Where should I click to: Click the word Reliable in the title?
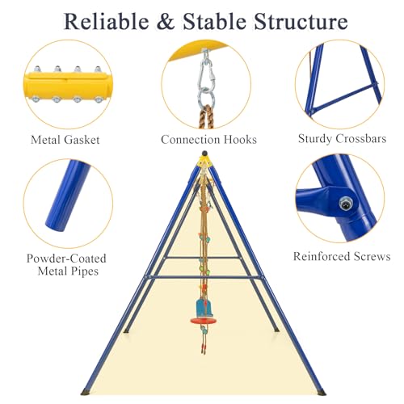click(107, 21)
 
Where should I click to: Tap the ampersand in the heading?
click(166, 22)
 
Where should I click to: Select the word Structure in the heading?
click(301, 21)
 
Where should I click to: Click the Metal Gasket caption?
click(65, 140)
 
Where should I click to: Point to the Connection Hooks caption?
click(208, 140)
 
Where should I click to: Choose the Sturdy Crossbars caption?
click(342, 139)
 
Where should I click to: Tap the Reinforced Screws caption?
click(342, 256)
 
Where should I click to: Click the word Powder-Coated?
click(66, 259)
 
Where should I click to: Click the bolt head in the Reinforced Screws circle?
click(346, 204)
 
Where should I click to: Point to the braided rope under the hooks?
click(206, 116)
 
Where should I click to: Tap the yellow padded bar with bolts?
click(67, 86)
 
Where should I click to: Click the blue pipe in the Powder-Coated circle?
click(67, 196)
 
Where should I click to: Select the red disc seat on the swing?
click(204, 321)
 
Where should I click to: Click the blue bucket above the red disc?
click(204, 308)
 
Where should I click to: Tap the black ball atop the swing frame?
click(204, 153)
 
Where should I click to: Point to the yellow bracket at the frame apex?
click(204, 162)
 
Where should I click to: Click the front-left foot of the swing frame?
click(85, 392)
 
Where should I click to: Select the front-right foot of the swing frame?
click(322, 392)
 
